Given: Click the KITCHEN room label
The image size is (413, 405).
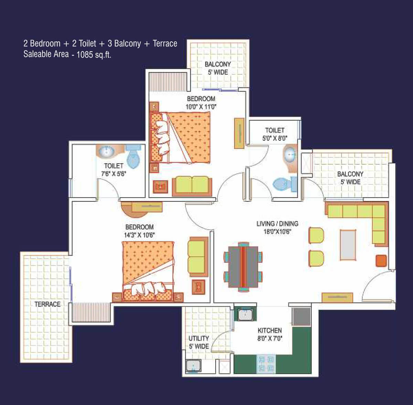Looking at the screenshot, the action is pos(269,330).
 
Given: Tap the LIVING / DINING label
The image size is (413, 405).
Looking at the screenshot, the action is pos(277,224).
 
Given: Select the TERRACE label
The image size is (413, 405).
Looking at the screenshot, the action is pos(47,304).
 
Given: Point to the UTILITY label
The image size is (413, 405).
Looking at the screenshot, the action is pos(199,338).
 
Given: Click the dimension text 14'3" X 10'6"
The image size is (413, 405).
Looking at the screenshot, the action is pos(139,235).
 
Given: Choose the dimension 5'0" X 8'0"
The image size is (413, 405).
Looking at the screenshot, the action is pos(275,138).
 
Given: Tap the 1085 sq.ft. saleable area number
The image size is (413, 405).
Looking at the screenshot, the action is pos(94,55).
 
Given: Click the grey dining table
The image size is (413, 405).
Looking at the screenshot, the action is pos(243,267).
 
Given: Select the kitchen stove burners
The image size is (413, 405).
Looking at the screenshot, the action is pos(266,364).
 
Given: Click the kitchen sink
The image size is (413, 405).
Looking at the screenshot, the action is pos(245,315).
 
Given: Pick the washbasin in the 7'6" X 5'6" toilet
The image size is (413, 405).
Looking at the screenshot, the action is pos(106,151).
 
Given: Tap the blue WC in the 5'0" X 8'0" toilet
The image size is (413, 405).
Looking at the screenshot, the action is pos(285,184).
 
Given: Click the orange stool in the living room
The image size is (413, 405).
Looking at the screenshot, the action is pos(381,261).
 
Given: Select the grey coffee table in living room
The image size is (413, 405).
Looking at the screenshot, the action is pos(348,245).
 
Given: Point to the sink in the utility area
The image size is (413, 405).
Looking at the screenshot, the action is pos(193,365).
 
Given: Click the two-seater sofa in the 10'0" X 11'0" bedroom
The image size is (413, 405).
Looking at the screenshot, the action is pos(192,186).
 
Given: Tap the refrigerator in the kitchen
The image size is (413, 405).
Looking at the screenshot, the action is pos(301,317).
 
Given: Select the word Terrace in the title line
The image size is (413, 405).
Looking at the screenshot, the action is pos(165,43).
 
